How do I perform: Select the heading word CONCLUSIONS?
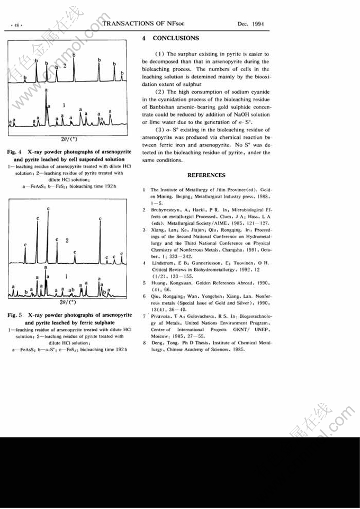[x=176, y=38]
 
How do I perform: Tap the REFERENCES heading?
[x=206, y=175]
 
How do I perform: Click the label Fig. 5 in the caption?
[x=15, y=315]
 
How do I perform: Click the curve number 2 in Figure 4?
[x=64, y=66]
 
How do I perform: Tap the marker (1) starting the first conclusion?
[x=160, y=54]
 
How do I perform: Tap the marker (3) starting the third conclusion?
[x=160, y=130]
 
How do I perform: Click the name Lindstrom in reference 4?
[x=163, y=263]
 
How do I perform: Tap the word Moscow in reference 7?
[x=160, y=335]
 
